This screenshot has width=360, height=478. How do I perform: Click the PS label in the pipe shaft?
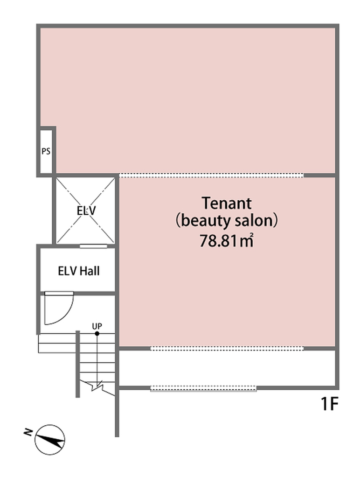tap(46, 151)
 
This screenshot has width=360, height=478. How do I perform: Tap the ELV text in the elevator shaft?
tap(86, 211)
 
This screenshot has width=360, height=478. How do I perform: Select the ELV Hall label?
tap(79, 271)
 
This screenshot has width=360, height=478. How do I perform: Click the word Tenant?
tap(227, 203)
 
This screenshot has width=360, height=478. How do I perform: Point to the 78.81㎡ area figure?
tap(227, 240)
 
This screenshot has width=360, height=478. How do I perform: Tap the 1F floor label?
tap(330, 404)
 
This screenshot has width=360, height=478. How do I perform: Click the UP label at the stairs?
tap(97, 326)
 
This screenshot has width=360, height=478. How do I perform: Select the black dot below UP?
tap(97, 333)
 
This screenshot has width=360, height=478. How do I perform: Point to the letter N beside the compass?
tap(28, 432)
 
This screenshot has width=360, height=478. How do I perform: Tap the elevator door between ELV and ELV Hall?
tap(93, 246)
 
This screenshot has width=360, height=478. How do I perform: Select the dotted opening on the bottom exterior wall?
tap(203, 388)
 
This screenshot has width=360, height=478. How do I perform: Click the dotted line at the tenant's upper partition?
tap(211, 176)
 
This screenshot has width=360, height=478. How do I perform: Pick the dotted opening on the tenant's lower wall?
tap(227, 348)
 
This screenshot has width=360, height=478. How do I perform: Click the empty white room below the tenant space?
tap(227, 368)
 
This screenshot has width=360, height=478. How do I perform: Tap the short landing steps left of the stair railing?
tap(57, 343)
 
